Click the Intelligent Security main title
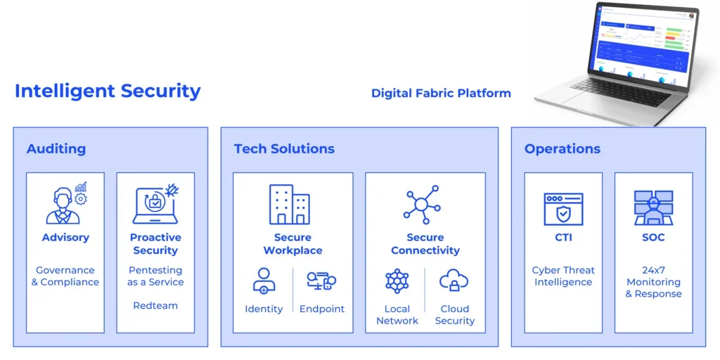(x=108, y=91)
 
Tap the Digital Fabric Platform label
(x=441, y=94)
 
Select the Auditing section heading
(x=56, y=149)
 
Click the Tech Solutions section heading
(x=284, y=149)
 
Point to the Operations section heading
(x=562, y=149)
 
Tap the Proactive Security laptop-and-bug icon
(x=155, y=205)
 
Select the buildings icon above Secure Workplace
(x=290, y=205)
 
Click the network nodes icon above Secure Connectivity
(x=422, y=205)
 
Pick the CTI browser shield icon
(x=563, y=209)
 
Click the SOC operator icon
(x=653, y=207)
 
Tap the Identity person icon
(x=264, y=281)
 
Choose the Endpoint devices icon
(x=321, y=281)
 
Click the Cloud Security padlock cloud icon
(x=454, y=281)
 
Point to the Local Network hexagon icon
(x=397, y=281)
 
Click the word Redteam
(x=155, y=306)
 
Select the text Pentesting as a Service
(x=155, y=276)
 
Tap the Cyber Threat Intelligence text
(x=563, y=276)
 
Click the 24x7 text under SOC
(x=653, y=270)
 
